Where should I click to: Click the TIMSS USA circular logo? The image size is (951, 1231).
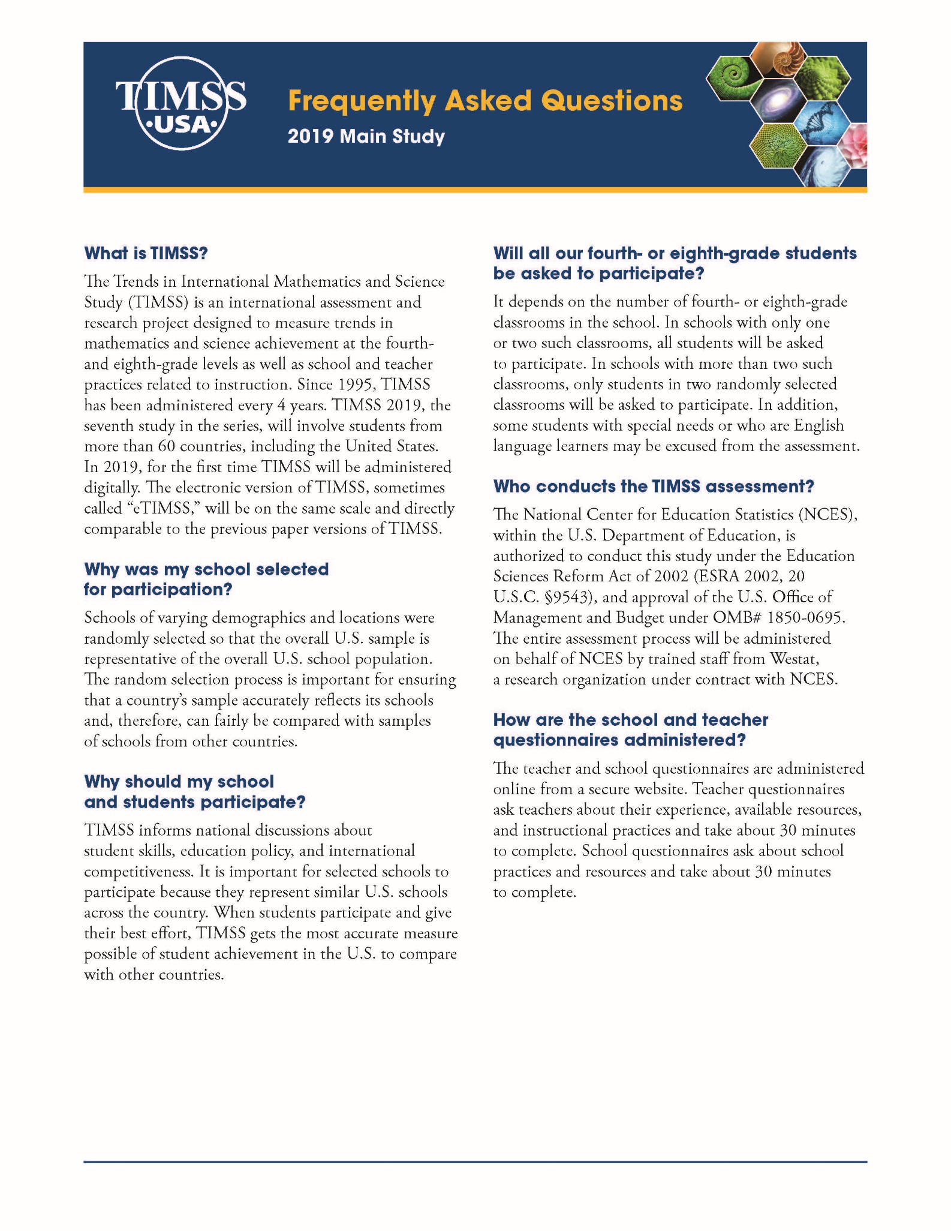[x=180, y=103]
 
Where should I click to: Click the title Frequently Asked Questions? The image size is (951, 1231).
[x=484, y=101]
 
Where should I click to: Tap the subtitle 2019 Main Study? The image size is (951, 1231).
[x=366, y=136]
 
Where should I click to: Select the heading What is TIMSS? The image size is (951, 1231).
[x=146, y=253]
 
